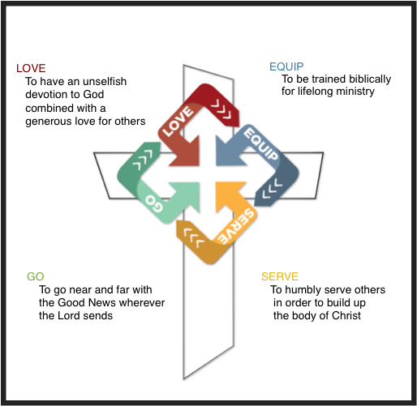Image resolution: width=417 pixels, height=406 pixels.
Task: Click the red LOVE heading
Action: pos(31,68)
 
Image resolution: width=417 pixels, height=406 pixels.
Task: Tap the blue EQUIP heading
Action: pos(286,66)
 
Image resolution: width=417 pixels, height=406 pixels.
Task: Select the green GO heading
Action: pos(36,276)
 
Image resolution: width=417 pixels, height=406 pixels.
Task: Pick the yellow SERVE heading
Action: pos(280,276)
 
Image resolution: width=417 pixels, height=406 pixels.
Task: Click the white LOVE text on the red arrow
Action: pos(178,122)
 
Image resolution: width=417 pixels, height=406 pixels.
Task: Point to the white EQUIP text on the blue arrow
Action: pos(260,143)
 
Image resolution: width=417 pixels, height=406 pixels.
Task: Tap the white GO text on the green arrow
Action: pos(154,203)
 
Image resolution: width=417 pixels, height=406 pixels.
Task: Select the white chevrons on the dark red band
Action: pos(221,109)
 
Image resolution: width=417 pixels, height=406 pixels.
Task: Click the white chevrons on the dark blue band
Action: pos(272,188)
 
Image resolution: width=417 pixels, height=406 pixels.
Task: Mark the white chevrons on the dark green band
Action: pos(143,160)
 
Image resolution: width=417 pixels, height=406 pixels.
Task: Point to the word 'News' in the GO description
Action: pos(103,302)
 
